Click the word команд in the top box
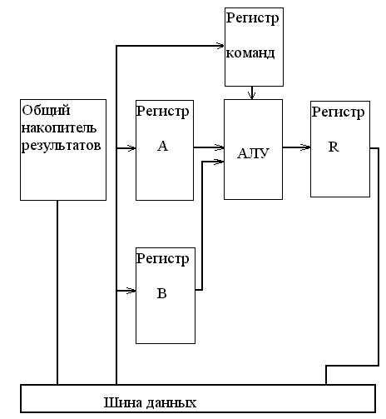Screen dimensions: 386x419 250,52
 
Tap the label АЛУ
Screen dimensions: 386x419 253,153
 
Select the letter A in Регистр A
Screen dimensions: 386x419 162,146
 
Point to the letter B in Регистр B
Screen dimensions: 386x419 162,293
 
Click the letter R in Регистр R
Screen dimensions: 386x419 334,147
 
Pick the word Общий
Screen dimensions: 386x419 46,110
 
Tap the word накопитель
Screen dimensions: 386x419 59,128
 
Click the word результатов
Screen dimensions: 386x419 61,146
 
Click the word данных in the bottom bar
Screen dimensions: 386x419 169,403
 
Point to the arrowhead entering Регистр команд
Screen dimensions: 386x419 220,45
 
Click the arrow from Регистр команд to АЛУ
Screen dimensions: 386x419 251,92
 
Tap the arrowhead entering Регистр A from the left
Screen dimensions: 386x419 131,148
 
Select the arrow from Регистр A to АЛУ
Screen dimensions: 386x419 209,147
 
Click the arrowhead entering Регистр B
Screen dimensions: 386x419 131,291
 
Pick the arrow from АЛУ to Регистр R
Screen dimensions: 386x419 296,147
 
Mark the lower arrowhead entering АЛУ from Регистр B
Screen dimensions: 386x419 220,162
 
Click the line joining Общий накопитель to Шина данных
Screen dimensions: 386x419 57,292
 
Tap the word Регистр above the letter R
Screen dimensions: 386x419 338,112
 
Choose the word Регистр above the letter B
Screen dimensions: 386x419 162,259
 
